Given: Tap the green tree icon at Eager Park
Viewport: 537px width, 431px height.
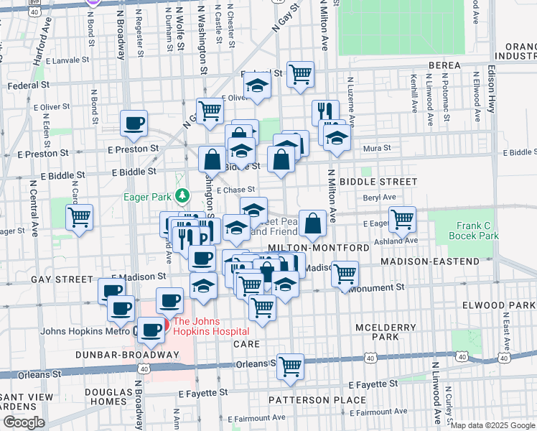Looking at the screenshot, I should point(182,195).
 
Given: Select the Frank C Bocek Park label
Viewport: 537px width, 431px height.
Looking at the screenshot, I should point(473,231).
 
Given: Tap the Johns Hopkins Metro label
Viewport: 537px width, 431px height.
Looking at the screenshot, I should point(85,331).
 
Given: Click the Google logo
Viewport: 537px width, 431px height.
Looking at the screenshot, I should point(24,422).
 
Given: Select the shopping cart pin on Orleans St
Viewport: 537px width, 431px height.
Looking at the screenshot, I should point(291,366).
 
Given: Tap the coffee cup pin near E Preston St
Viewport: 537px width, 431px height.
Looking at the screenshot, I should point(134,124).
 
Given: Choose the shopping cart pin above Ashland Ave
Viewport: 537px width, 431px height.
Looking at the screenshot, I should point(402,218).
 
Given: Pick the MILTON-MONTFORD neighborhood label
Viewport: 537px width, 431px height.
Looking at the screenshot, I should point(318,247).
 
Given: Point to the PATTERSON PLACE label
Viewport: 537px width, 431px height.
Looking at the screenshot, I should point(307,399).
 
